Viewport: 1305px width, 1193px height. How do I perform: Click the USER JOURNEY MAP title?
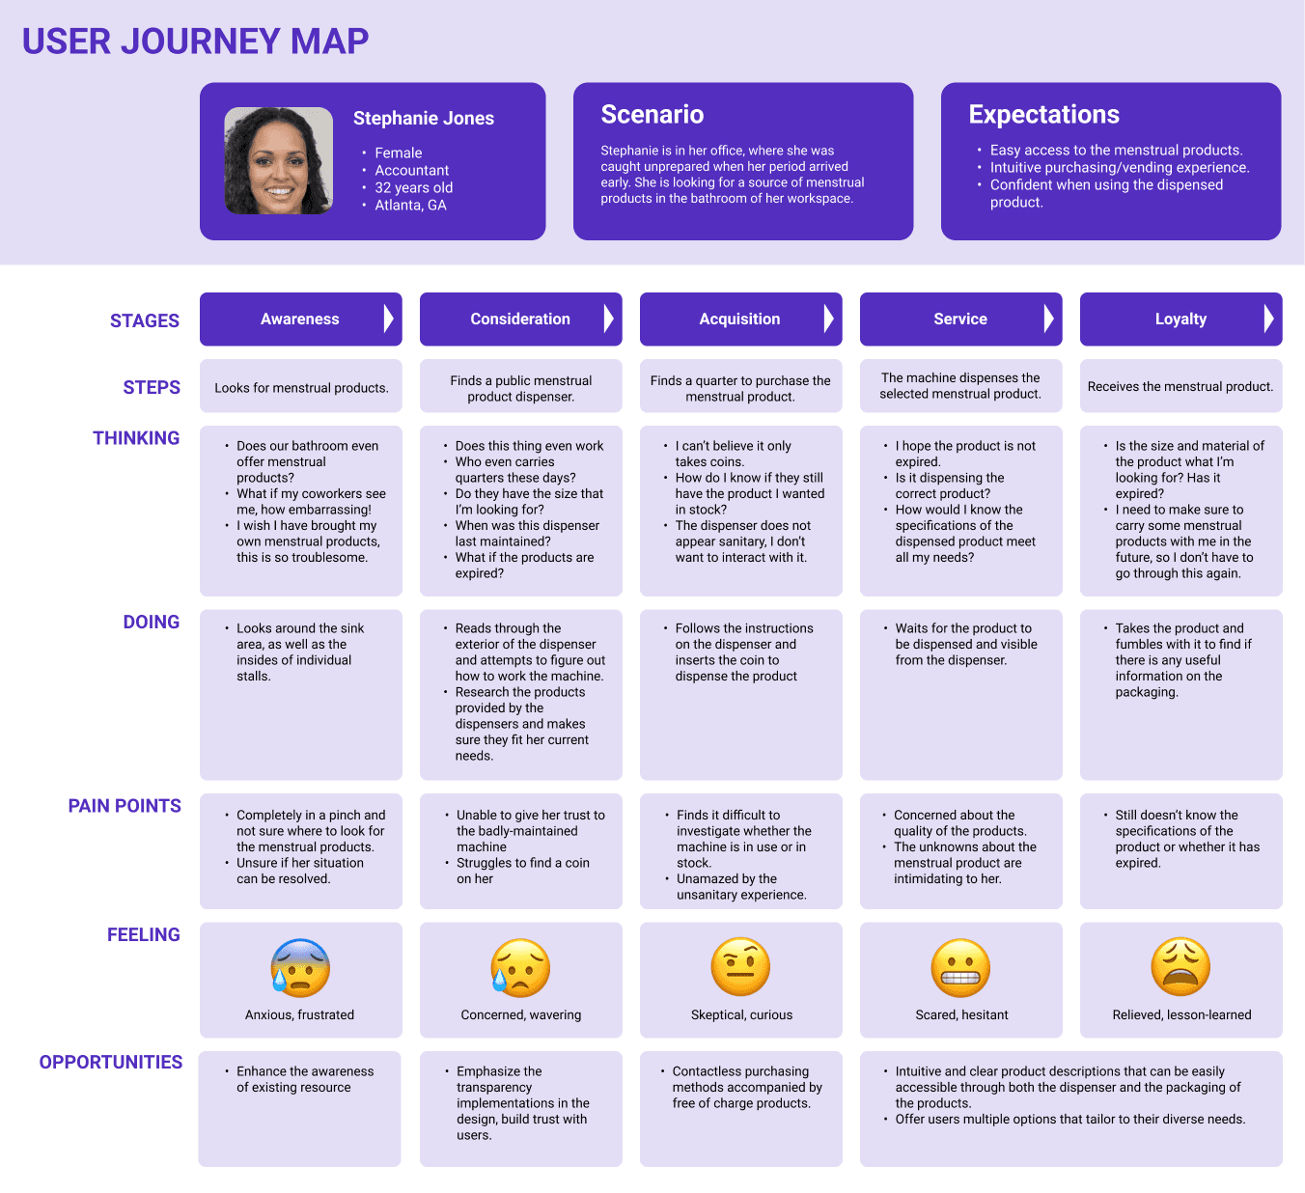tap(195, 42)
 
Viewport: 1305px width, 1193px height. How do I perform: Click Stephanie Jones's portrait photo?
tap(279, 160)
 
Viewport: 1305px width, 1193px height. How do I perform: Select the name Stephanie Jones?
tap(423, 119)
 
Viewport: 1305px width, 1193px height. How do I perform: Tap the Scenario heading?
tap(652, 115)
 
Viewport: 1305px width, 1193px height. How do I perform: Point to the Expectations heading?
tap(1043, 115)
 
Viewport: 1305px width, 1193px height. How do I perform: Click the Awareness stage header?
tap(299, 319)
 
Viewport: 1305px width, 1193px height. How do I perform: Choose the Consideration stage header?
tap(519, 319)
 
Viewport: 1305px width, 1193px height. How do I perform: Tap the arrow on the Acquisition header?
tap(828, 319)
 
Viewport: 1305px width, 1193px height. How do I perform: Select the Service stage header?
tap(959, 319)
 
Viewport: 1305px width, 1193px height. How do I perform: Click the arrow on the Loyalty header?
tap(1268, 319)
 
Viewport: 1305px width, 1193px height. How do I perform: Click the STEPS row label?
tap(152, 388)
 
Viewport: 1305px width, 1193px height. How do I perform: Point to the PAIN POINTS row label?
tap(125, 806)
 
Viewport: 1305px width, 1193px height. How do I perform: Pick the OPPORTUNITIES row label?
tap(111, 1063)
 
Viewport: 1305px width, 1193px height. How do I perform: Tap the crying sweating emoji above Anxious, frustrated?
tap(300, 967)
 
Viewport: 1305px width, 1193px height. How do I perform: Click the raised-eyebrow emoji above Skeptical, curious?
tap(740, 967)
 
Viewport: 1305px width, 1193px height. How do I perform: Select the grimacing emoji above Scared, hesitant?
tap(961, 967)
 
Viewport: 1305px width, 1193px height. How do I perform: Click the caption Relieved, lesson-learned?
tap(1181, 1015)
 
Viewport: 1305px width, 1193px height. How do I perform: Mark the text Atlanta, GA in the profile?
tap(410, 206)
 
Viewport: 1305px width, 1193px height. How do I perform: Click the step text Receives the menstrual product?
tap(1180, 387)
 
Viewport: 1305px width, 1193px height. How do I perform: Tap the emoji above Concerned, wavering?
tap(520, 967)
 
